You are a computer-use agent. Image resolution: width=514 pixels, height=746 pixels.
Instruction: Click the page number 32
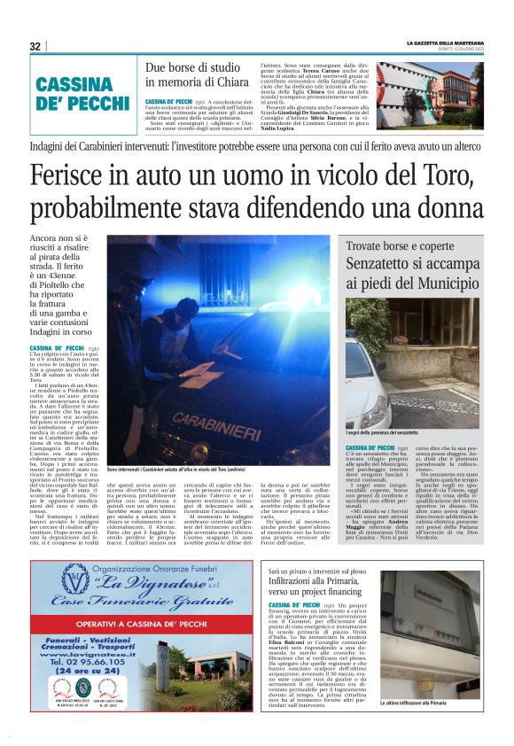click(35, 46)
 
